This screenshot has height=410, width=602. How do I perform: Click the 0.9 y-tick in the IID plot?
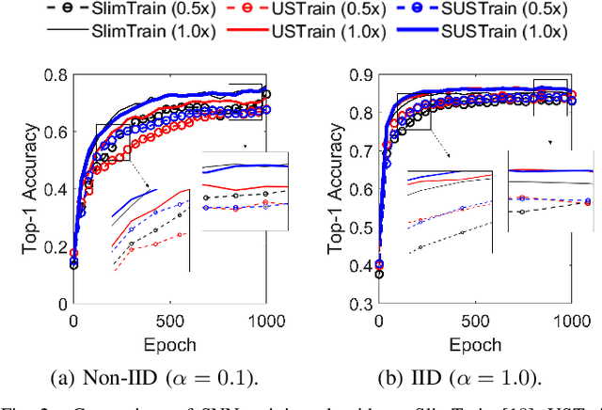pyautogui.click(x=361, y=76)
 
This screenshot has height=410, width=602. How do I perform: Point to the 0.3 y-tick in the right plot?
pyautogui.click(x=361, y=304)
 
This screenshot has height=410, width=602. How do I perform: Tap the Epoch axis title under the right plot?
pyautogui.click(x=475, y=344)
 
